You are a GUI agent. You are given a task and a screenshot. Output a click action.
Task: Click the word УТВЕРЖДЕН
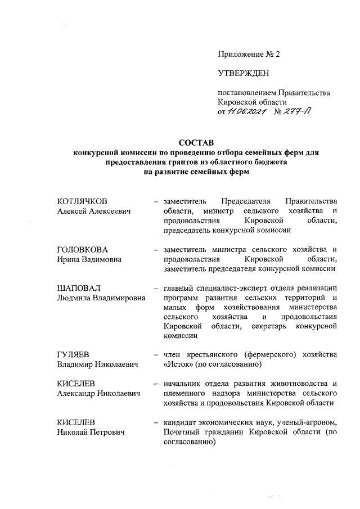click(244, 73)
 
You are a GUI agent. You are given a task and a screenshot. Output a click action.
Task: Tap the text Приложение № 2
click(248, 55)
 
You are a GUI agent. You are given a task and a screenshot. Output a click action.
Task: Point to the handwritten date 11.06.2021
click(246, 112)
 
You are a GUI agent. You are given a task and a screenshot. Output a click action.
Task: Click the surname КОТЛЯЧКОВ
click(82, 201)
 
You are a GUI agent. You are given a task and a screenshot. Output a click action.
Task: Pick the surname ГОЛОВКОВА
click(83, 249)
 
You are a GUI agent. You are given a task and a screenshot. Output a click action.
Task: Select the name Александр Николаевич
click(98, 394)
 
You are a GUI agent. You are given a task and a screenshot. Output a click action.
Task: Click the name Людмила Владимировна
click(101, 298)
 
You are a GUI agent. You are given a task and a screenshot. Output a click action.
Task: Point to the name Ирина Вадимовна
click(90, 259)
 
